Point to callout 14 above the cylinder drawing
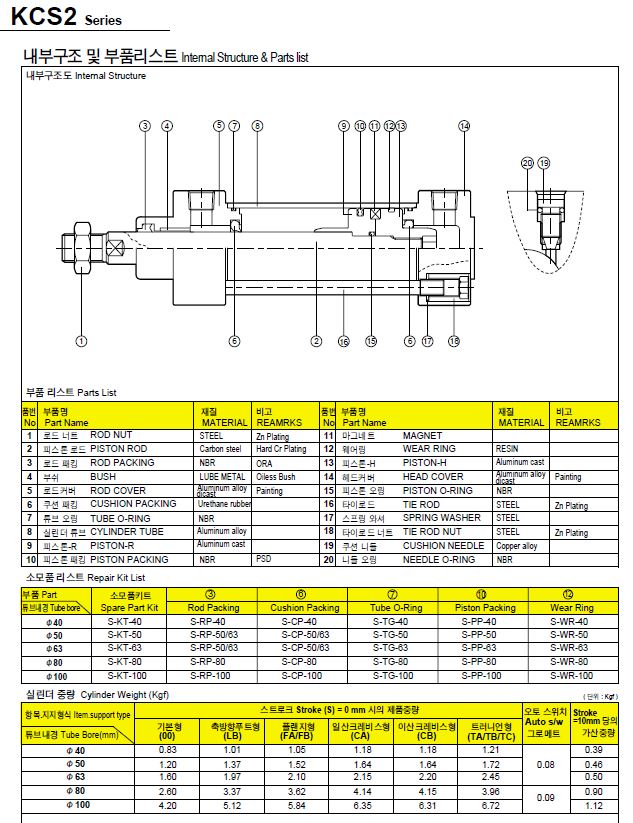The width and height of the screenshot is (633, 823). pyautogui.click(x=464, y=126)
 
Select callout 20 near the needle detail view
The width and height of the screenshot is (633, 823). pyautogui.click(x=527, y=162)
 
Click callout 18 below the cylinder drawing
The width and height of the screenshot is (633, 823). pyautogui.click(x=454, y=341)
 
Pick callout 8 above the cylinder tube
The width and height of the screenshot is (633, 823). pyautogui.click(x=257, y=126)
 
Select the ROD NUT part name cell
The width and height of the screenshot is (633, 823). pyautogui.click(x=111, y=436)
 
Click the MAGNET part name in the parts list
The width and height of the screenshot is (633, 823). pyautogui.click(x=422, y=436)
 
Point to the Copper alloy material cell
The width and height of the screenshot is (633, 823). pyautogui.click(x=516, y=546)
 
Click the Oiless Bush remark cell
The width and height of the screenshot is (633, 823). pyautogui.click(x=275, y=477)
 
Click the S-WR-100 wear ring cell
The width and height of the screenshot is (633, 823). pyautogui.click(x=571, y=675)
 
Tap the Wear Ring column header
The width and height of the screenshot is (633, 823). pyautogui.click(x=571, y=607)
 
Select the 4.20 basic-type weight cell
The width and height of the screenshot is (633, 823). pyautogui.click(x=167, y=804)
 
